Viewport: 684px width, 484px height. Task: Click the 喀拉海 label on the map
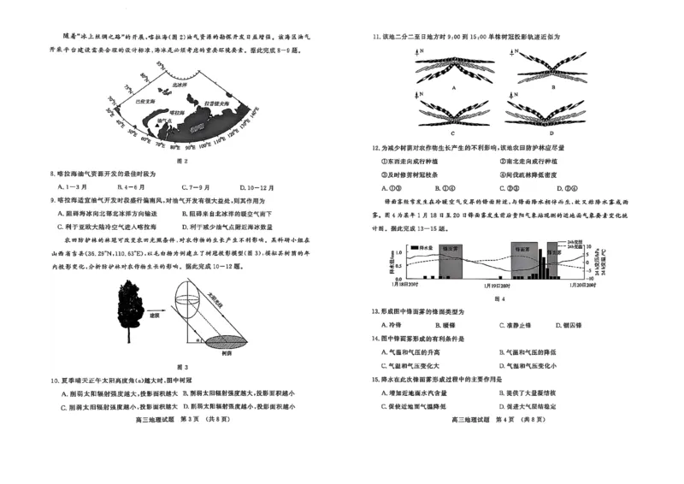tap(176, 112)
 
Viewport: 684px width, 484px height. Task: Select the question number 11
tap(374, 37)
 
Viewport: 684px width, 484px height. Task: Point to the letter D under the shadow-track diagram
tap(551, 133)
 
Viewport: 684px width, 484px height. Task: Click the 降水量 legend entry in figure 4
tap(425, 246)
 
